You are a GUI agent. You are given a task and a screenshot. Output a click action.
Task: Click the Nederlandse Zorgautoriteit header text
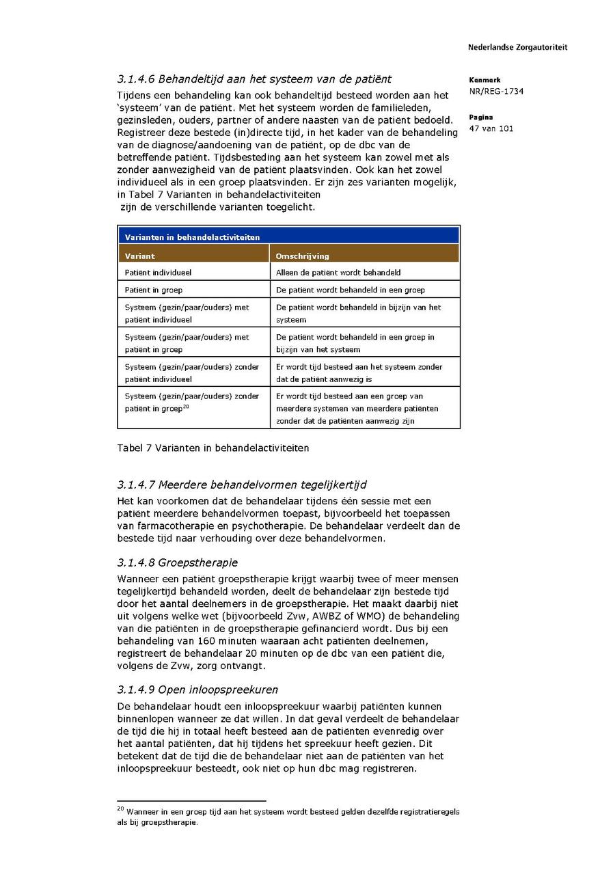coord(517,48)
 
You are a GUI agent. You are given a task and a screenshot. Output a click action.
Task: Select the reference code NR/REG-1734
coord(496,92)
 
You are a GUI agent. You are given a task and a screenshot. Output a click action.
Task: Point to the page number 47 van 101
coord(491,128)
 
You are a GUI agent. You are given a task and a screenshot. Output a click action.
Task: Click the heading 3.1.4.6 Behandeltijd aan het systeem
coord(254,79)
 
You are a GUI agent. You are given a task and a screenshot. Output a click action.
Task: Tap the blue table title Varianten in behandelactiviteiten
coord(192,237)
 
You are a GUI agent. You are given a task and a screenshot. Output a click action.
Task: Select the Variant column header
coord(140,256)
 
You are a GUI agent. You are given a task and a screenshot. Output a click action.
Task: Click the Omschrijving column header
coord(303,256)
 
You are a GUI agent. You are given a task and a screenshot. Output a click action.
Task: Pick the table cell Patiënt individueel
coord(158,272)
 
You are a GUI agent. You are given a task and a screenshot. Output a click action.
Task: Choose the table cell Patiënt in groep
coord(154,290)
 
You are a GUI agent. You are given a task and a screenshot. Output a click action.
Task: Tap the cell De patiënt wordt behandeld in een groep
coord(351,290)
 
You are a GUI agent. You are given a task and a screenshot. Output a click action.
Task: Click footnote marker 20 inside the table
coord(186,407)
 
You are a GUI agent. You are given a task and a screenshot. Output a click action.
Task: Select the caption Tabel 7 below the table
coord(213,448)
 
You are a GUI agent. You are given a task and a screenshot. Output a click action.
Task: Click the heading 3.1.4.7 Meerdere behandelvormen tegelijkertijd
coord(242,485)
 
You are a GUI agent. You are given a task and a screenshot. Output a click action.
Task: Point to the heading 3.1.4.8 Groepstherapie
coord(178,562)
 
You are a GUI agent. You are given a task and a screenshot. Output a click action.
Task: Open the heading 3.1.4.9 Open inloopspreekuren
coord(197,690)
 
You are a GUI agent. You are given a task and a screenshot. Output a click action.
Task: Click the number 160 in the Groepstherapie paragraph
coord(206,641)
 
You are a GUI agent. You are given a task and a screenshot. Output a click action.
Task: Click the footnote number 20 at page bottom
coord(120,810)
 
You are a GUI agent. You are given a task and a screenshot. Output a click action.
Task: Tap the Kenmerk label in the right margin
coord(484,80)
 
